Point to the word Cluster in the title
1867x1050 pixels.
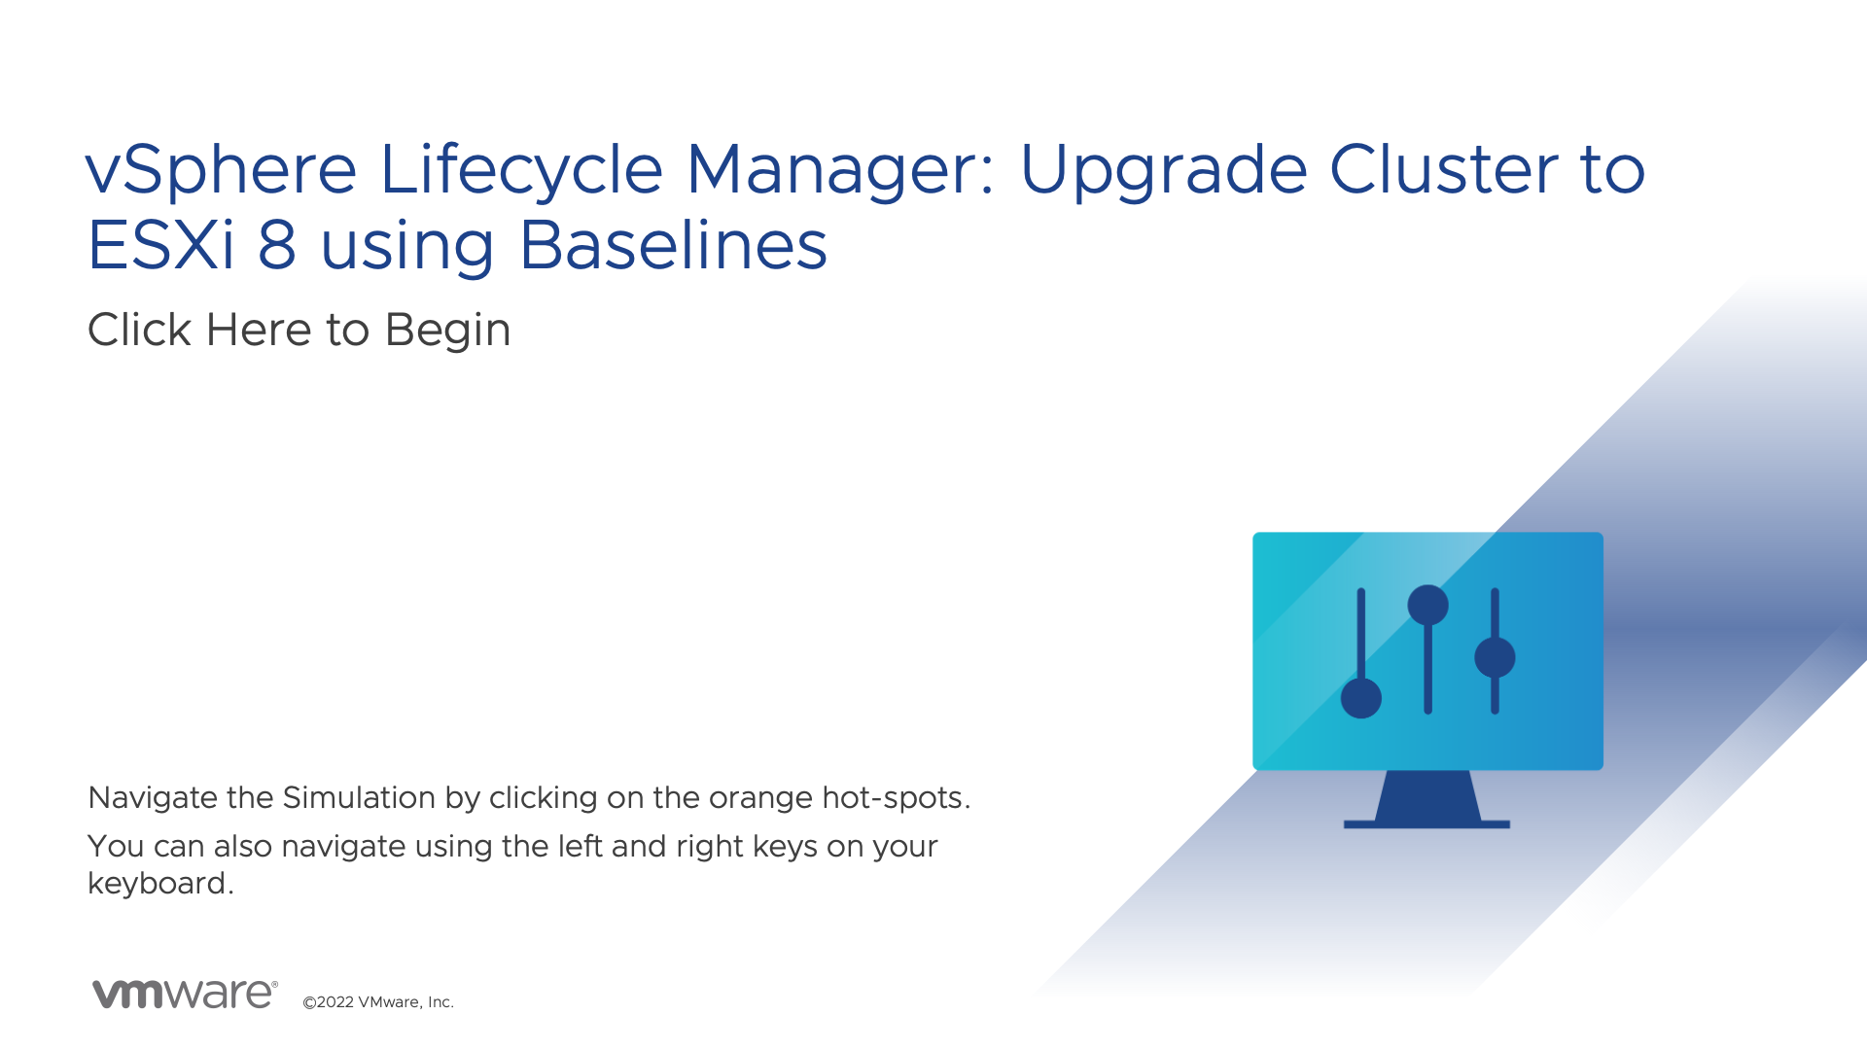tap(1443, 169)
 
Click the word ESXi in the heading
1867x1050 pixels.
tap(161, 244)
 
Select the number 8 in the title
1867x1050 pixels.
tap(277, 244)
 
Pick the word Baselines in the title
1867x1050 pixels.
tap(673, 244)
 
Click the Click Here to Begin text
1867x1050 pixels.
tap(299, 331)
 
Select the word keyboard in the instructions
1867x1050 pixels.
tap(157, 883)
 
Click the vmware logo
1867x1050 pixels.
tap(185, 994)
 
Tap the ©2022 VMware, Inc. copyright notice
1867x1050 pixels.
tap(378, 1002)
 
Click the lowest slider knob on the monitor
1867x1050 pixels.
tap(1361, 698)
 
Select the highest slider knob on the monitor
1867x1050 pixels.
tap(1427, 605)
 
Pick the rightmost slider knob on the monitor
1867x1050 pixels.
tap(1495, 657)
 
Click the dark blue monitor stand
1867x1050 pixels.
tap(1427, 800)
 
